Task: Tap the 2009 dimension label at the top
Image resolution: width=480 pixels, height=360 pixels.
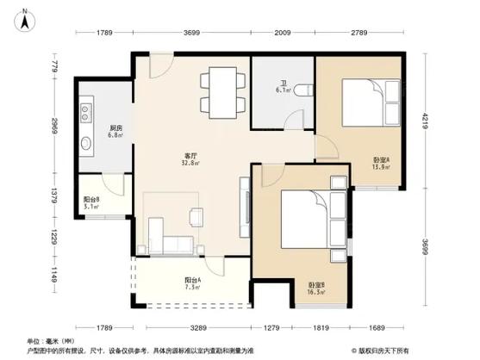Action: [283, 33]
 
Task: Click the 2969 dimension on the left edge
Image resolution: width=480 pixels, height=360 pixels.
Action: [53, 125]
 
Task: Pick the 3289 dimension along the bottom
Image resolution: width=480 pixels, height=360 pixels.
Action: [197, 327]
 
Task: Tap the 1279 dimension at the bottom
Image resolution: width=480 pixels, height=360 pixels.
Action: [271, 327]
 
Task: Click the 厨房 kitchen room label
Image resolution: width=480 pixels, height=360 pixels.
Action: [115, 127]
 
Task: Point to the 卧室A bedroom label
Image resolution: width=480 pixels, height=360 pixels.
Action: [381, 159]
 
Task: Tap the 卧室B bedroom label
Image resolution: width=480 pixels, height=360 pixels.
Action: [316, 285]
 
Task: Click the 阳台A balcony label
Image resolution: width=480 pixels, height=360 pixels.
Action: [193, 281]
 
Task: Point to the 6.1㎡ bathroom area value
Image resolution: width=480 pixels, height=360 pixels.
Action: [283, 89]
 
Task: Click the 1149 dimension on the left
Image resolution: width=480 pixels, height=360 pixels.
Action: [53, 280]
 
